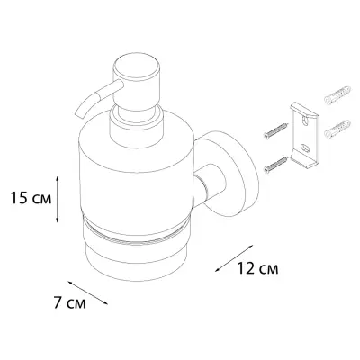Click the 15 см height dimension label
(31, 198)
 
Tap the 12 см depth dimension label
(258, 268)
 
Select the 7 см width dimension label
(70, 302)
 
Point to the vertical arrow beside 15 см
(58, 199)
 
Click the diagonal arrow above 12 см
(234, 258)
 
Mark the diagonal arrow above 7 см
(87, 292)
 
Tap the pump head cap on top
(137, 68)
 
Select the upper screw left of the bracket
(274, 130)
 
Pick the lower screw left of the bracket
(274, 165)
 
